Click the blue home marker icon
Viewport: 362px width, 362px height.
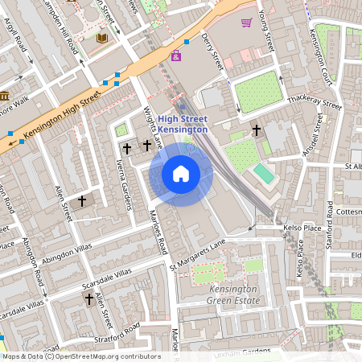click(181, 174)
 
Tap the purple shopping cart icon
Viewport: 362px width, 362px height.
click(246, 23)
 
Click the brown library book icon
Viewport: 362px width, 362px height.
click(101, 38)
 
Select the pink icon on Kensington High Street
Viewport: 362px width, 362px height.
click(176, 56)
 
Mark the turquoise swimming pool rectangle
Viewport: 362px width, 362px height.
click(264, 173)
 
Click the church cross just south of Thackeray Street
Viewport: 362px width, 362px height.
click(257, 130)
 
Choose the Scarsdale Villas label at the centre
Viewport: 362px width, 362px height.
click(106, 283)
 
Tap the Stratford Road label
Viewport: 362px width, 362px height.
click(117, 331)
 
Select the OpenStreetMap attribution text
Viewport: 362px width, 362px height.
click(80, 356)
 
